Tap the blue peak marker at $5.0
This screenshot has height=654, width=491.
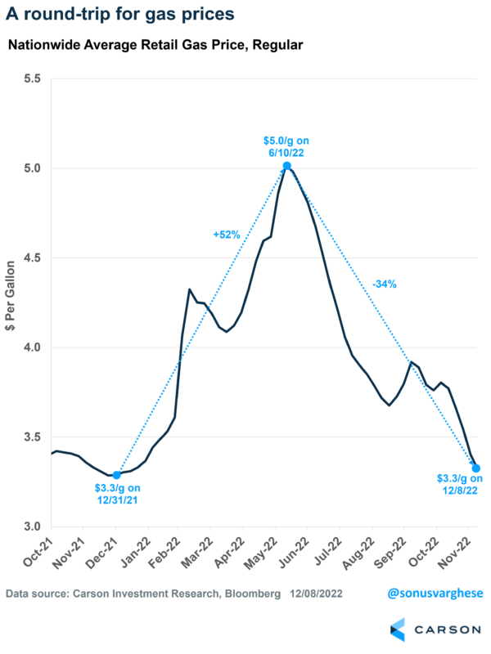click(286, 166)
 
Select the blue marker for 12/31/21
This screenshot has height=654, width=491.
click(117, 475)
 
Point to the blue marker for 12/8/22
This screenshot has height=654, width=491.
click(475, 468)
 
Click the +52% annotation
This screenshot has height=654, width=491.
click(227, 235)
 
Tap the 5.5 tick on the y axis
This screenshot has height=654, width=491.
click(32, 79)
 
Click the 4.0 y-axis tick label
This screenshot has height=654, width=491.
click(32, 347)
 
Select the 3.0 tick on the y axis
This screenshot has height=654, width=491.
click(32, 526)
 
